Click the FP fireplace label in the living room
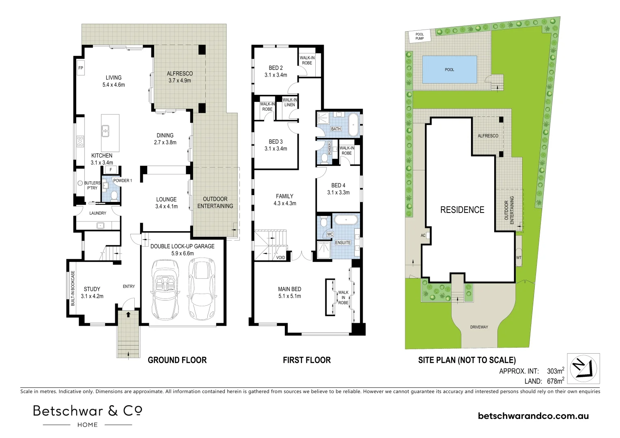coord(81,68)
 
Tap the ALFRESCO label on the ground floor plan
coord(180,73)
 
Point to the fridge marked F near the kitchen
coord(110,170)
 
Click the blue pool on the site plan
coord(449,69)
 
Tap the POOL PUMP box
coord(420,36)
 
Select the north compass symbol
coord(584,368)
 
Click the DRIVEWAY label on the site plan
coord(479,327)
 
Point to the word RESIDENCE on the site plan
coord(462,210)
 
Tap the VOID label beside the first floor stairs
coord(280,258)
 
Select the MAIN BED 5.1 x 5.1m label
coord(289,292)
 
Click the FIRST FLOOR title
coord(307,360)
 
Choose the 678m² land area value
coord(555,381)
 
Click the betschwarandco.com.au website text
coord(533,416)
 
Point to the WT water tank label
coord(519,258)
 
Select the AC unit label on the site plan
coord(423,235)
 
